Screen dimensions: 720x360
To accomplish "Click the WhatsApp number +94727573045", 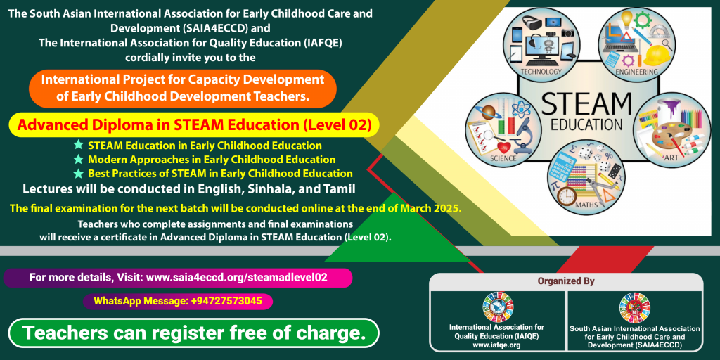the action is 227,301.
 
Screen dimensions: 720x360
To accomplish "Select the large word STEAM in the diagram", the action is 587,104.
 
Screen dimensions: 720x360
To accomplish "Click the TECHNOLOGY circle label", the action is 541,72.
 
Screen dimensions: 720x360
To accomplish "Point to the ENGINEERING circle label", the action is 637,72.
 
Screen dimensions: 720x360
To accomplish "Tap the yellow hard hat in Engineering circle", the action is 657,53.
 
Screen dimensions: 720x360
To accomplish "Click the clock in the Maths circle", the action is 567,195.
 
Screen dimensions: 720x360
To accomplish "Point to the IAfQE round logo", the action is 497,307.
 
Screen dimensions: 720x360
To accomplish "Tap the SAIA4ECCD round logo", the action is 635,307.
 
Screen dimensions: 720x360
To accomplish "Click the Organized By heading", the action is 566,281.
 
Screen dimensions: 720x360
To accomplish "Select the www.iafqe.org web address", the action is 496,345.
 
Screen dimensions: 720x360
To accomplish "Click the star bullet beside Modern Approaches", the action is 79,160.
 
